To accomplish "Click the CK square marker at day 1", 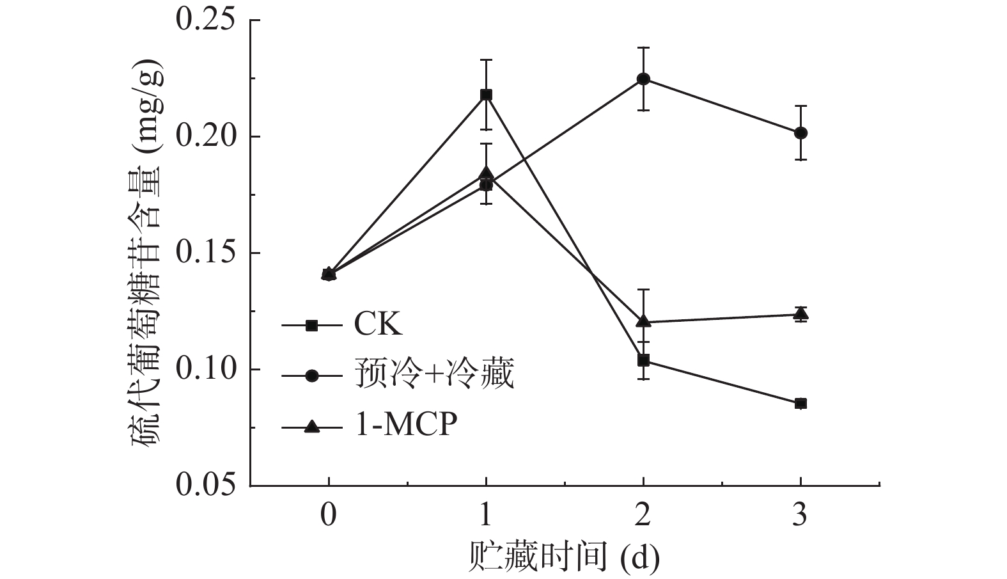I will coord(486,95).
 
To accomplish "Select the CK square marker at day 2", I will coord(643,360).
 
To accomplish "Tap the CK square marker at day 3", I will coord(800,404).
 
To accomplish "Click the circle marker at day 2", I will coord(643,79).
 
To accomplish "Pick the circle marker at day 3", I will coord(800,133).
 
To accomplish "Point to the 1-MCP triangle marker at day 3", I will coord(800,313).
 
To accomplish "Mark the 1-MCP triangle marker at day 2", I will coord(643,321).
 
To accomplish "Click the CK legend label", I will coord(378,326).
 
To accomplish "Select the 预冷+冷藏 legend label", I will coord(434,376).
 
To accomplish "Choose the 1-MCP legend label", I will coord(406,425).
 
